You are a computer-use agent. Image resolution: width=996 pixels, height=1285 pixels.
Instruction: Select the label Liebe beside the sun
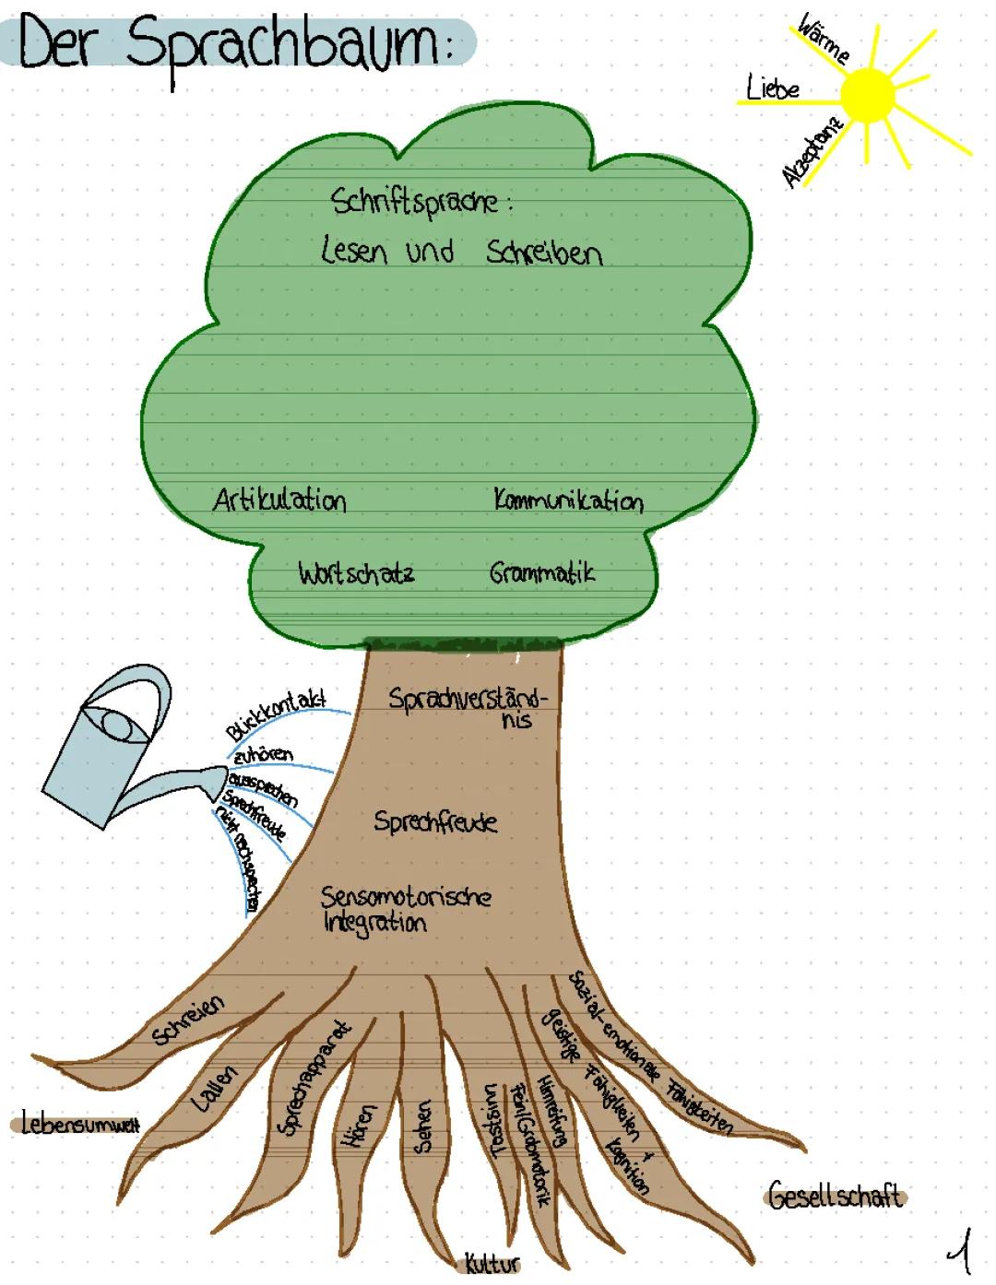pos(772,89)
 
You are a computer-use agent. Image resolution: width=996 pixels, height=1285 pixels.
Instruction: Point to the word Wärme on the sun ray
pos(824,38)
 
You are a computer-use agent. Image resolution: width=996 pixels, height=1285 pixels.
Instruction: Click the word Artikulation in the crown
pos(279,501)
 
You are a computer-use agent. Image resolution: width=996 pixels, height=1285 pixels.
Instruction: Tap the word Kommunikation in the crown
pos(568,501)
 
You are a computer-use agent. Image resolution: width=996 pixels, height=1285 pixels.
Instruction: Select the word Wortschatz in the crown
pos(356,573)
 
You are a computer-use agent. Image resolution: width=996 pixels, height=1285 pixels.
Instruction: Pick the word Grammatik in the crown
pos(542,572)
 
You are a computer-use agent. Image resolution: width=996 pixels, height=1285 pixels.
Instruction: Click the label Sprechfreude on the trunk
pos(434,820)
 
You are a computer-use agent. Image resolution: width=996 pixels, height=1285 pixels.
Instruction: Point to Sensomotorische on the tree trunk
pos(406,896)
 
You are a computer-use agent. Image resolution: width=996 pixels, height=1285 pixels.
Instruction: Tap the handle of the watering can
pos(138,687)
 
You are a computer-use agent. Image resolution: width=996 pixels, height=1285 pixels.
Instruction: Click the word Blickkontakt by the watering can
pos(276,715)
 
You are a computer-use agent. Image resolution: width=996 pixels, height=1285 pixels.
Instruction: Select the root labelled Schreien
pos(188,1020)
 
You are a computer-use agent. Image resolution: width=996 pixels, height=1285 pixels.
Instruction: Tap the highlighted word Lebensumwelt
pos(80,1124)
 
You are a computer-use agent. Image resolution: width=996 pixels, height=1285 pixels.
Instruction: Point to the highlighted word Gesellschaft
pos(836,1197)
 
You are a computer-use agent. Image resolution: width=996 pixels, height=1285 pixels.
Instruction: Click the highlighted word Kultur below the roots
pos(492,1263)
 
